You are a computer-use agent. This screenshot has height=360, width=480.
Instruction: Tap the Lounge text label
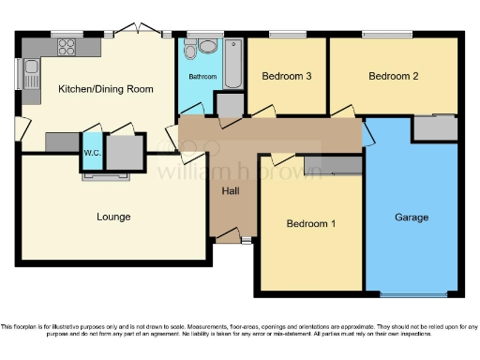(113, 217)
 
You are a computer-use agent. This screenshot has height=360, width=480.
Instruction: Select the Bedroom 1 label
(310, 224)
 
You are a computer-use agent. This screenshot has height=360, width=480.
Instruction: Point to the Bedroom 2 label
(393, 76)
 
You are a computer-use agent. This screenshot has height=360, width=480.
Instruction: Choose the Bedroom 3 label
(286, 76)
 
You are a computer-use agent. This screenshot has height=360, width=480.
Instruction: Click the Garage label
(411, 217)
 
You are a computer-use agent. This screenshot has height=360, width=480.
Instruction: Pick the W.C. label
(92, 152)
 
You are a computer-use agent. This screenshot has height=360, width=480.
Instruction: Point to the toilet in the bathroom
(200, 47)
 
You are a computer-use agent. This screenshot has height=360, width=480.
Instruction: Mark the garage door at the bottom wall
(412, 294)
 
